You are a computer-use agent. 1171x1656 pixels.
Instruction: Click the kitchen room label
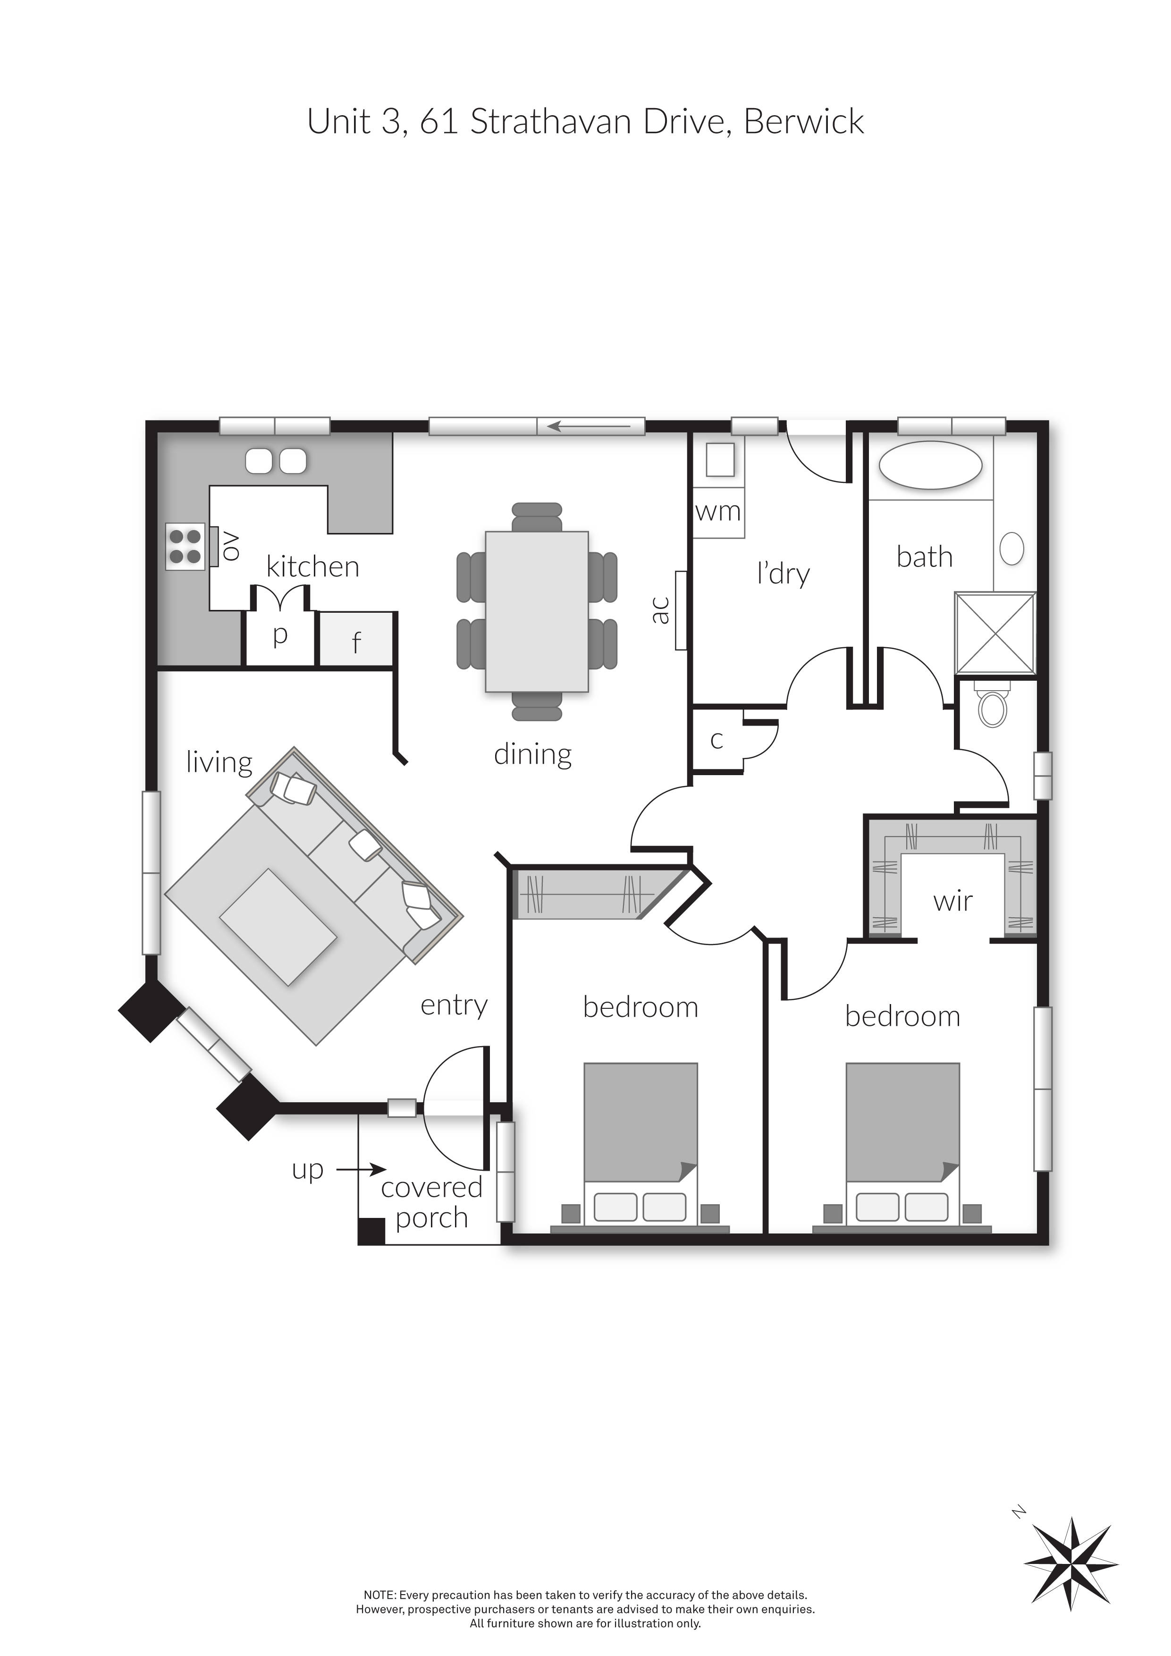pyautogui.click(x=313, y=567)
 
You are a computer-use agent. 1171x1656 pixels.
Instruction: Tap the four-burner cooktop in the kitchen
pyautogui.click(x=185, y=546)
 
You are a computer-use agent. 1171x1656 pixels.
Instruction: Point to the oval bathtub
pyautogui.click(x=930, y=465)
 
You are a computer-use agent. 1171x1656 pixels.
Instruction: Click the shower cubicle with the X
pyautogui.click(x=995, y=633)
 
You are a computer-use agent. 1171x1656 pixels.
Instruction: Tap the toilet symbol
pyautogui.click(x=994, y=706)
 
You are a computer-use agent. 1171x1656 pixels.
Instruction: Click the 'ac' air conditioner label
pyautogui.click(x=660, y=610)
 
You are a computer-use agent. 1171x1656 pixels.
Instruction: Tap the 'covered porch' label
pyautogui.click(x=431, y=1202)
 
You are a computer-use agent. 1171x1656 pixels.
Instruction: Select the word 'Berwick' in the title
pyautogui.click(x=803, y=121)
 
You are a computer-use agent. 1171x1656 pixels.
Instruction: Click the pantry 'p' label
pyautogui.click(x=280, y=635)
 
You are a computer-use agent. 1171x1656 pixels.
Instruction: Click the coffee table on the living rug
pyautogui.click(x=278, y=926)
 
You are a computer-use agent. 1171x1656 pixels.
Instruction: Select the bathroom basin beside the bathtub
pyautogui.click(x=1012, y=549)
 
